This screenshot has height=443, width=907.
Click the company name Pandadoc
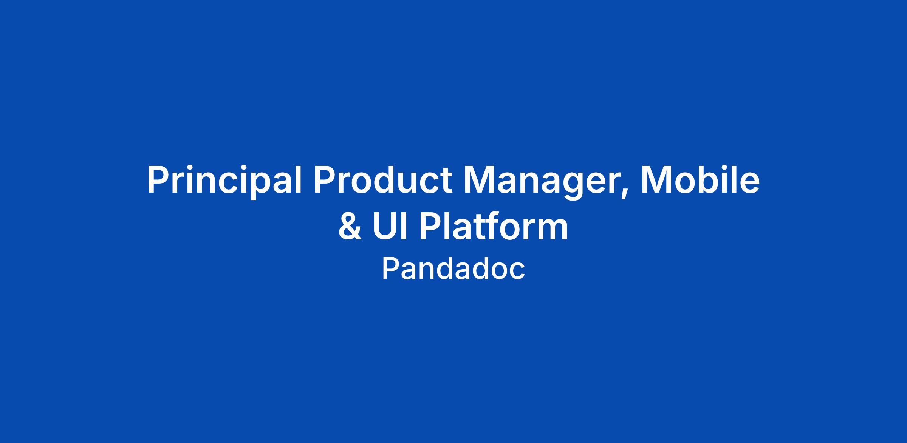tap(453, 269)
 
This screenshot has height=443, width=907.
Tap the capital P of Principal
tap(158, 180)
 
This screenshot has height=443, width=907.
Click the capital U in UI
tap(385, 226)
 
